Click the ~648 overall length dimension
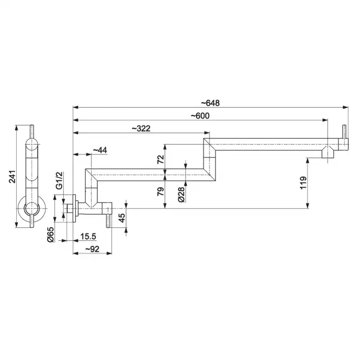[210, 103]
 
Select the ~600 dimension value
[200, 116]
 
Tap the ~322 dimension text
[141, 128]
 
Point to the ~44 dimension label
[100, 150]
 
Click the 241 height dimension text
[12, 176]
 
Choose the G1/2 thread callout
[59, 180]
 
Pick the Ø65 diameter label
[50, 234]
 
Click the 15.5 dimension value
[88, 236]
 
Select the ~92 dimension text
[92, 249]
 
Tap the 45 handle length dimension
[122, 218]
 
